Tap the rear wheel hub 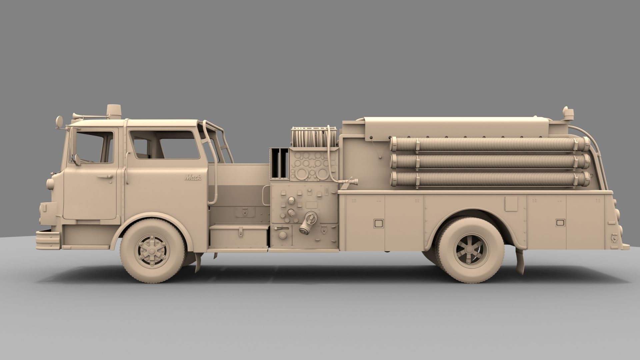471,248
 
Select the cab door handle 106,176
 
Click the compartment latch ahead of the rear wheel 378,223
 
